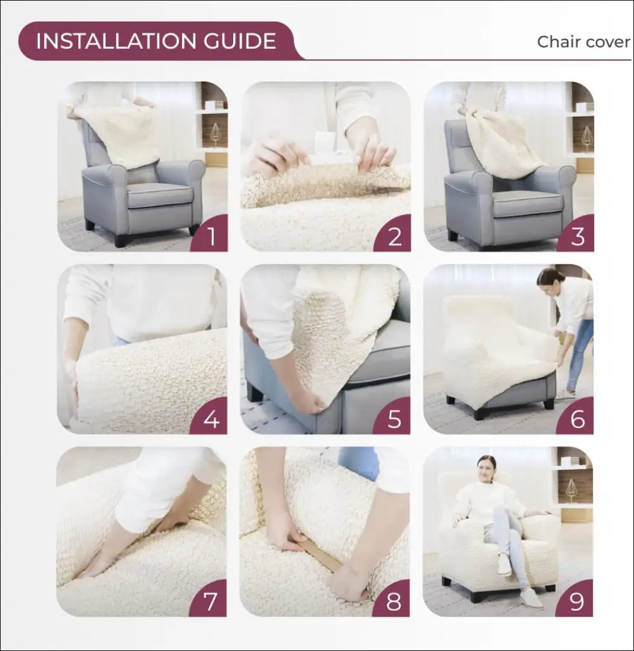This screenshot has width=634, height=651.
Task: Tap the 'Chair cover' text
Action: [583, 42]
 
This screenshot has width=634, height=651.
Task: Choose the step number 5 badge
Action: [394, 418]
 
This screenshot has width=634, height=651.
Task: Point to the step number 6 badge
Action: [577, 418]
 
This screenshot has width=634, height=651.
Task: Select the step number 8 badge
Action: [394, 601]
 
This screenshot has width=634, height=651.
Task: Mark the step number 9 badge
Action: [577, 601]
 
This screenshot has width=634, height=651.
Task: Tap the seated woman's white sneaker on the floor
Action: [530, 598]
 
